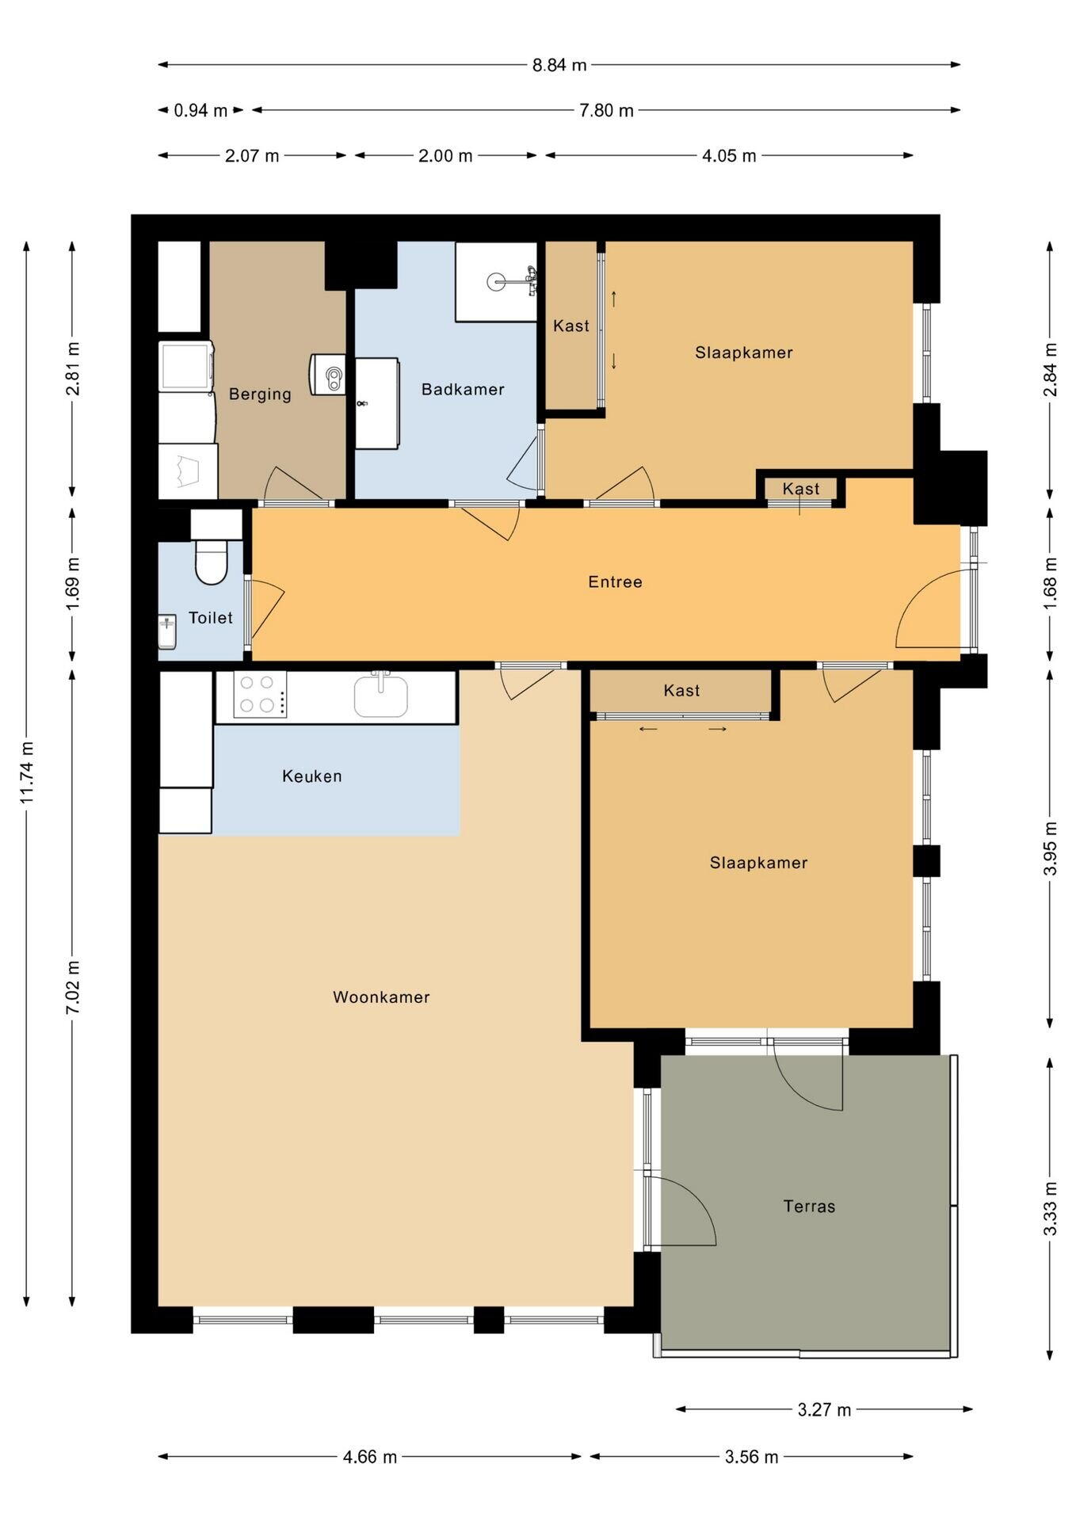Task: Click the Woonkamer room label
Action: click(x=381, y=997)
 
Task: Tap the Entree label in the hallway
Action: click(x=615, y=582)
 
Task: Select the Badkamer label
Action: click(x=463, y=389)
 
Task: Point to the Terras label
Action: click(x=809, y=1207)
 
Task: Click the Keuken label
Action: click(x=312, y=776)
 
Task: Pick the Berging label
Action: click(x=260, y=395)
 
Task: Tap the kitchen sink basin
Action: click(x=381, y=695)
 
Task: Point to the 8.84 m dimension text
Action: click(x=559, y=65)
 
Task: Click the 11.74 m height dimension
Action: click(x=27, y=773)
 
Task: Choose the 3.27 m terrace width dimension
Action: click(x=824, y=1409)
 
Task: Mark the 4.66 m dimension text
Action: click(x=370, y=1457)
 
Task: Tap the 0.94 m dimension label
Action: click(x=200, y=111)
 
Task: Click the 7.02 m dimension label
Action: click(x=73, y=987)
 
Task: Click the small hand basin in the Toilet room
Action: click(x=167, y=631)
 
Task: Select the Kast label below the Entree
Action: click(x=681, y=691)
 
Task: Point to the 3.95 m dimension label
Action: click(x=1051, y=848)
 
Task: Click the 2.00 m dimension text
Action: click(x=445, y=156)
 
